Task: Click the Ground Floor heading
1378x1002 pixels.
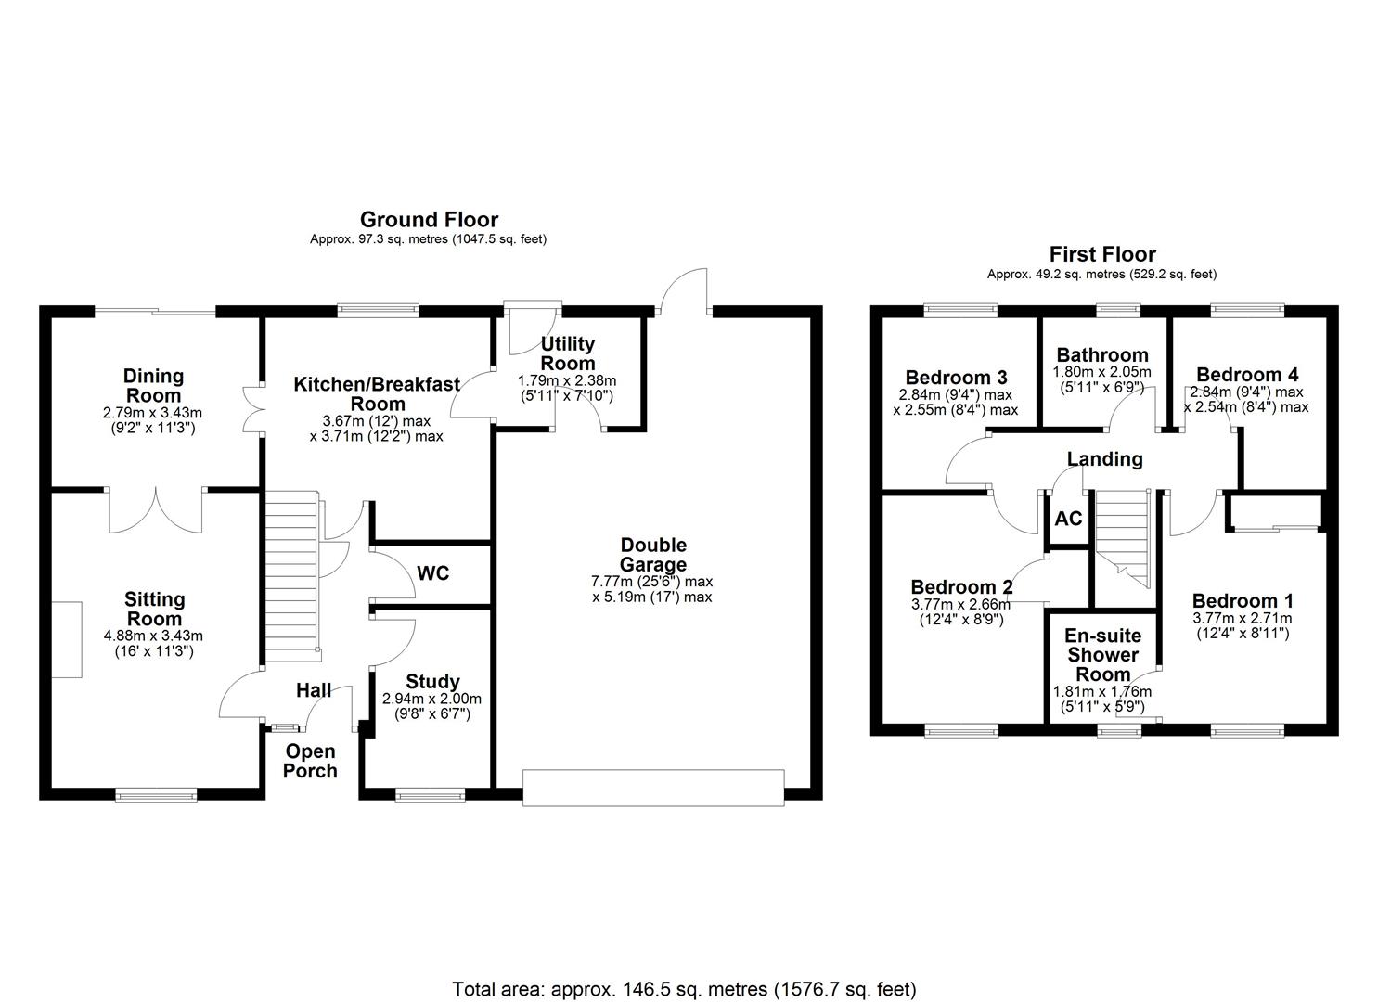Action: [x=429, y=220]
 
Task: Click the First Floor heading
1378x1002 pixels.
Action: [x=1102, y=254]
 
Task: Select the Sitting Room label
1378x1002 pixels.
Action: [x=154, y=610]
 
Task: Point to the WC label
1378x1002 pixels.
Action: [x=432, y=574]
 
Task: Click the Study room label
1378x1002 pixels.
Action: [x=432, y=682]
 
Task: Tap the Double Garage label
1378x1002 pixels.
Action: [x=653, y=555]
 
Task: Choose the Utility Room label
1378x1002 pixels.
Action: [x=567, y=353]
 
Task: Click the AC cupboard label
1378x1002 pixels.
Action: [x=1068, y=519]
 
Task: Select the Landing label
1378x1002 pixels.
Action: [x=1104, y=459]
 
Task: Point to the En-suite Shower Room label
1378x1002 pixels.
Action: [x=1102, y=655]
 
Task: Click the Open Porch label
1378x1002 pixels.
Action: [x=310, y=761]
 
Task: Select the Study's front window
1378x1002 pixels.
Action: [x=430, y=794]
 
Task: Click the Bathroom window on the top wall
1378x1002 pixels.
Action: [x=1118, y=310]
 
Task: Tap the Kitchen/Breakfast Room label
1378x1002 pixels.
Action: [x=377, y=394]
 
